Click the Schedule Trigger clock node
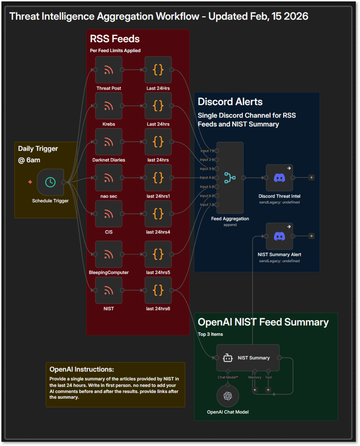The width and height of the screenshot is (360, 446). tap(50, 182)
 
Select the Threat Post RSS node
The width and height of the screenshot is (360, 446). tap(109, 70)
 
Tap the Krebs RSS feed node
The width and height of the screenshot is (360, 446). tap(109, 106)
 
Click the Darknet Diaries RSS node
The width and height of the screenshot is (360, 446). tap(109, 142)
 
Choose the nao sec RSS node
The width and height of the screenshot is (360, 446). tap(109, 178)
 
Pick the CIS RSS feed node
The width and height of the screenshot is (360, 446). tap(109, 214)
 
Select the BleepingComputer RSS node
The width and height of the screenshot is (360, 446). tap(109, 254)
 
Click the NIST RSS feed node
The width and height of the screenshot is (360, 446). tap(109, 290)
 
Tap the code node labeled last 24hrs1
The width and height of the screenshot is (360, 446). tap(158, 178)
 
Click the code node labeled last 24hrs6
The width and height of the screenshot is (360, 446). tap(158, 290)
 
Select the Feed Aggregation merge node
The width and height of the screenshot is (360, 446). tap(230, 178)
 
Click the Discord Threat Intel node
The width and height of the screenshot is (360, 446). tap(279, 178)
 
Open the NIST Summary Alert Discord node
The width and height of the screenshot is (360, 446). tap(279, 236)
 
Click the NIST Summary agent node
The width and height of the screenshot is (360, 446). tap(248, 358)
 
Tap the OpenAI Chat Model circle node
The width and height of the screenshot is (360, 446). tap(228, 396)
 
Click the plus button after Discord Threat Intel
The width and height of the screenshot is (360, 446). tap(311, 178)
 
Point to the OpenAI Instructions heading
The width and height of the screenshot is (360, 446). tap(81, 369)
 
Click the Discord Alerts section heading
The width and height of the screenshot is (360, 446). tap(230, 102)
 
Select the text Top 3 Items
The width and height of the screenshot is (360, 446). tap(210, 334)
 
